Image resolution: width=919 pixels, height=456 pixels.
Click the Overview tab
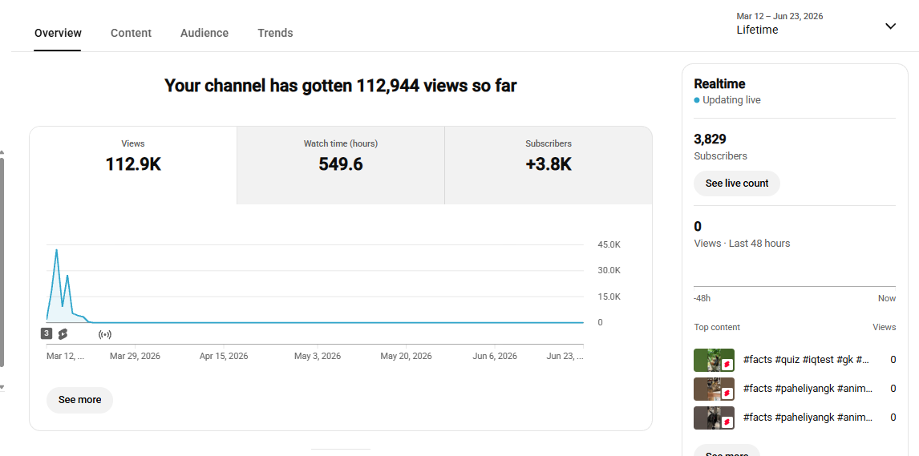click(x=58, y=33)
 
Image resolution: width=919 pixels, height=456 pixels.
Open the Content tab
click(x=132, y=33)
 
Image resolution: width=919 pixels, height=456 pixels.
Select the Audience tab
click(x=204, y=33)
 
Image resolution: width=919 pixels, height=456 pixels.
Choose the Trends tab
click(x=275, y=33)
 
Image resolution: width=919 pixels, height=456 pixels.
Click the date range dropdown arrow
click(x=890, y=26)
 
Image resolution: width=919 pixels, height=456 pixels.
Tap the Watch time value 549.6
click(x=341, y=164)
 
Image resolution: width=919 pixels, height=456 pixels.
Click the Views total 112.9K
click(x=133, y=164)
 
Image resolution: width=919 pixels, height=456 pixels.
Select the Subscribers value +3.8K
click(x=548, y=164)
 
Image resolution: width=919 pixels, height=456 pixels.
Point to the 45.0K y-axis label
click(x=609, y=244)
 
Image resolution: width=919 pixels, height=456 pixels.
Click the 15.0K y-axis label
click(x=609, y=297)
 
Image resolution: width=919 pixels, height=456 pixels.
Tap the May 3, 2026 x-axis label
click(x=317, y=356)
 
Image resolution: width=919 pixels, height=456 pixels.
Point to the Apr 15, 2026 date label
click(x=224, y=356)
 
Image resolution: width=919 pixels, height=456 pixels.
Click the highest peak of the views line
click(x=56, y=250)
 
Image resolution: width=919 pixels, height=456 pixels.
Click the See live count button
click(x=737, y=184)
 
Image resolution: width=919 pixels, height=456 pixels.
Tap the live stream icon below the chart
click(x=105, y=334)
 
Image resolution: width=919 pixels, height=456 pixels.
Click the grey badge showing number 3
click(x=47, y=333)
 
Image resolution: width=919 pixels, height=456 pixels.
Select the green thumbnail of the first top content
click(x=714, y=360)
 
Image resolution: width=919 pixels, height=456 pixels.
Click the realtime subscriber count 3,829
click(x=710, y=139)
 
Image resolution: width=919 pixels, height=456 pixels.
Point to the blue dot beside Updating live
click(x=697, y=100)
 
